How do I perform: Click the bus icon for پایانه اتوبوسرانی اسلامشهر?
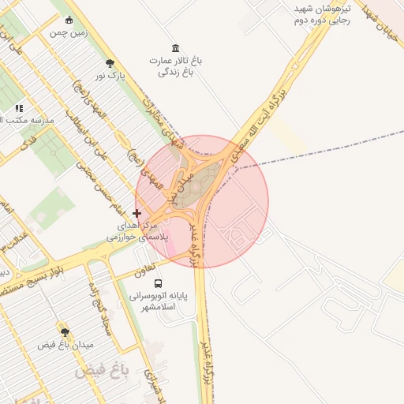click(x=159, y=283)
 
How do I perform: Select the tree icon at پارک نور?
click(x=110, y=63)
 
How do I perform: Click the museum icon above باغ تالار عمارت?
click(x=174, y=48)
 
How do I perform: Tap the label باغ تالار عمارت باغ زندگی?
click(x=174, y=66)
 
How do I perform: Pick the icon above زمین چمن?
click(x=69, y=21)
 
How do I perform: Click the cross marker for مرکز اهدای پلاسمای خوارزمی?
click(x=137, y=213)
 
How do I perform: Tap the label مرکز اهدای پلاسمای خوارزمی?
click(x=137, y=230)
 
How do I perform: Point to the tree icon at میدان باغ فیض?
click(x=65, y=332)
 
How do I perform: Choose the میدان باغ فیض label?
click(x=65, y=345)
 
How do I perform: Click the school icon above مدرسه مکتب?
click(x=19, y=107)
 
